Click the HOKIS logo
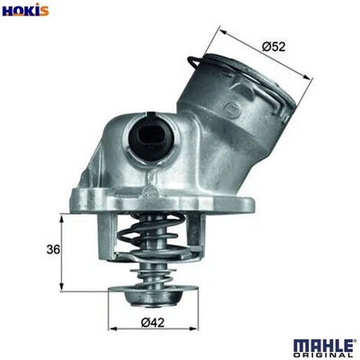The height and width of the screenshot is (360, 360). click(x=25, y=10)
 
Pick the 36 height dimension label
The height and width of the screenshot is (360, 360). click(x=52, y=250)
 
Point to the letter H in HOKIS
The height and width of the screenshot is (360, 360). click(x=8, y=10)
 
